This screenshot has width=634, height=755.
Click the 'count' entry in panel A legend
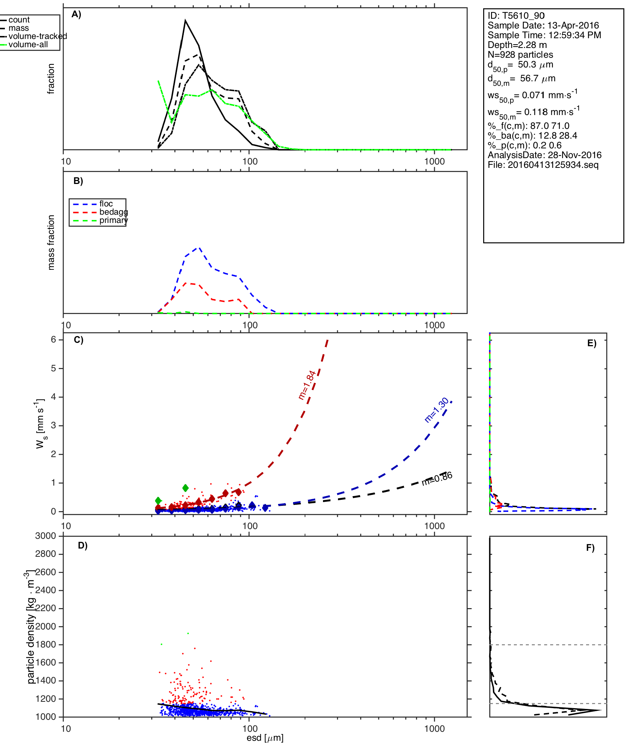19,20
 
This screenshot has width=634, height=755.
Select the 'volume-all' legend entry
28,45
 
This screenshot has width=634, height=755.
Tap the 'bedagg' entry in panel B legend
113,212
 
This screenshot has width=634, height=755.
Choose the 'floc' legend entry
106,204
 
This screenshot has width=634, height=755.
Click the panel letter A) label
76,14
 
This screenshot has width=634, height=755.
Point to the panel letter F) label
590,548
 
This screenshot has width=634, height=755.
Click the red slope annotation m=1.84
307,385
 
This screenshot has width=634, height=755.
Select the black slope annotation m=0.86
437,478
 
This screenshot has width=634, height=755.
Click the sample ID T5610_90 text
516,16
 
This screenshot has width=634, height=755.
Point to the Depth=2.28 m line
517,45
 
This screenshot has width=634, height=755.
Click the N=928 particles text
520,55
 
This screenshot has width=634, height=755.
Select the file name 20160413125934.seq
543,165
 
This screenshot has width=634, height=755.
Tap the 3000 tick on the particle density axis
46,536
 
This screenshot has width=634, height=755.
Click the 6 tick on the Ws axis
54,339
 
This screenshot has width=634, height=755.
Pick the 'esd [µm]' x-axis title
265,738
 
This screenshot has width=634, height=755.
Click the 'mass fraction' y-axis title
51,242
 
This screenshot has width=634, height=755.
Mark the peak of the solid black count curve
185,21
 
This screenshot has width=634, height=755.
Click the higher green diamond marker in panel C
185,488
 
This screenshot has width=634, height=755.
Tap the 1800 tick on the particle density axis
46,644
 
